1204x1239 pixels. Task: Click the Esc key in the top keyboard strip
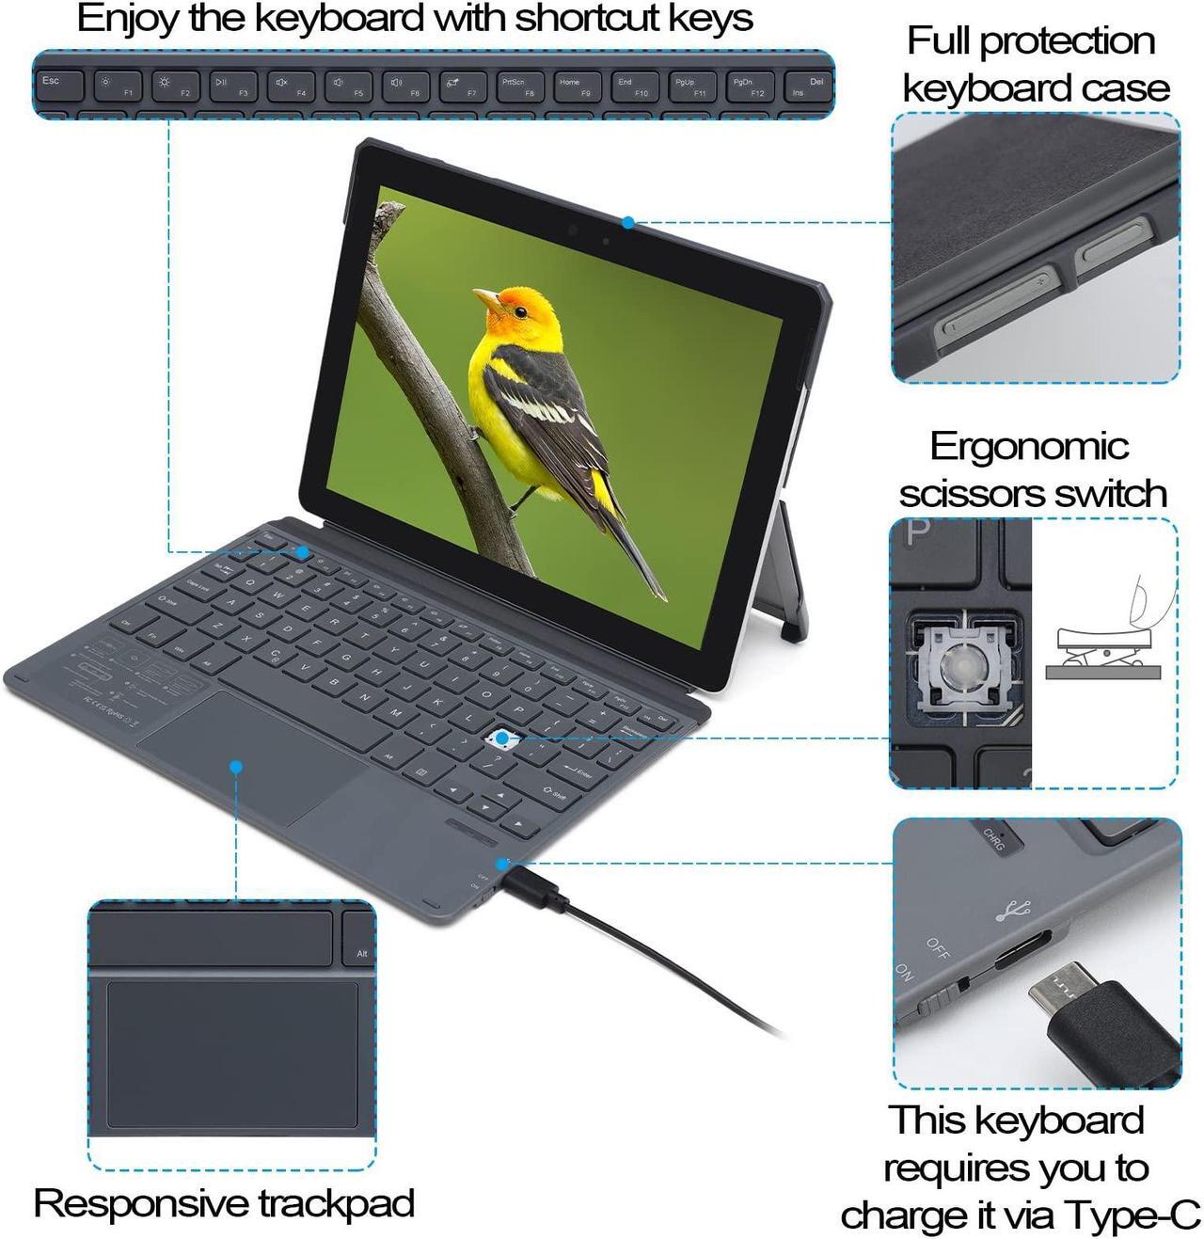click(59, 87)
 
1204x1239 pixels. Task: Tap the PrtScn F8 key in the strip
click(520, 87)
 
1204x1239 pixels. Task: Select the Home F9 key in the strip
click(577, 87)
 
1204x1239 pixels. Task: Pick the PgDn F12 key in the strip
click(750, 87)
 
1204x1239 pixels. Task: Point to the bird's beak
click(485, 298)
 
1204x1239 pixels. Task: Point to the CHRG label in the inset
click(995, 838)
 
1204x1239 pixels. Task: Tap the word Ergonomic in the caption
click(1029, 446)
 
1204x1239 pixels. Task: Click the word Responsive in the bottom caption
click(141, 1203)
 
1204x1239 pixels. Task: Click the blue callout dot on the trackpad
click(237, 768)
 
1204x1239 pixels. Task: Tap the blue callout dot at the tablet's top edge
click(627, 223)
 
